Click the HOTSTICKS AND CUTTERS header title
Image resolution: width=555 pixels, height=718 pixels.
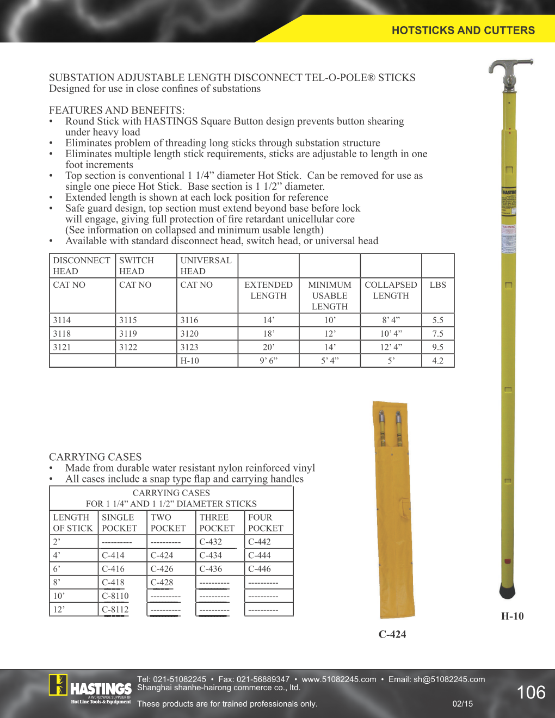pyautogui.click(x=463, y=30)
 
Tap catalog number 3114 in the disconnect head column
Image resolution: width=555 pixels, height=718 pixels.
pyautogui.click(x=62, y=320)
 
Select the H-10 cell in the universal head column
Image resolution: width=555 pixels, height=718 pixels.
pyautogui.click(x=190, y=361)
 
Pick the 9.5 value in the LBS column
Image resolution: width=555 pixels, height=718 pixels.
pyautogui.click(x=437, y=347)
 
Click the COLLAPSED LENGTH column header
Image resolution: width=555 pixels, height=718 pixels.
pyautogui.click(x=391, y=290)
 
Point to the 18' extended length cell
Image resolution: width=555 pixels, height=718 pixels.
pyautogui.click(x=268, y=333)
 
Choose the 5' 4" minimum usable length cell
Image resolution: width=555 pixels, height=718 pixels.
pyautogui.click(x=329, y=361)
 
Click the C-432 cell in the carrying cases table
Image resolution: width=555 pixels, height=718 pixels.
pyautogui.click(x=211, y=542)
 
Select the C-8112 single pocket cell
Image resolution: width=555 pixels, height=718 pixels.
pyautogui.click(x=115, y=609)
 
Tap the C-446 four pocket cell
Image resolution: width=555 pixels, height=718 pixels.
pyautogui.click(x=260, y=569)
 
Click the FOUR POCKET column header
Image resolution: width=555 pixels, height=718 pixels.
pyautogui.click(x=266, y=523)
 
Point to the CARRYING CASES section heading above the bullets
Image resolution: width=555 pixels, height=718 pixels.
pyautogui.click(x=95, y=457)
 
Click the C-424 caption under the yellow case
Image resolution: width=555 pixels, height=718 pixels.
pyautogui.click(x=392, y=634)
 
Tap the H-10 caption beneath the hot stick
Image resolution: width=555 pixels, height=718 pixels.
pyautogui.click(x=512, y=616)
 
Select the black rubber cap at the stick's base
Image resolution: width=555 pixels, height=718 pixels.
pyautogui.click(x=507, y=591)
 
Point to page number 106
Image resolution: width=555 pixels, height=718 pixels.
pyautogui.click(x=531, y=692)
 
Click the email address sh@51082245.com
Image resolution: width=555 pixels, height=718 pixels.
pyautogui.click(x=449, y=679)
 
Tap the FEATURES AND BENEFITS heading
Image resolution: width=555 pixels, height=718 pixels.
pyautogui.click(x=117, y=110)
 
